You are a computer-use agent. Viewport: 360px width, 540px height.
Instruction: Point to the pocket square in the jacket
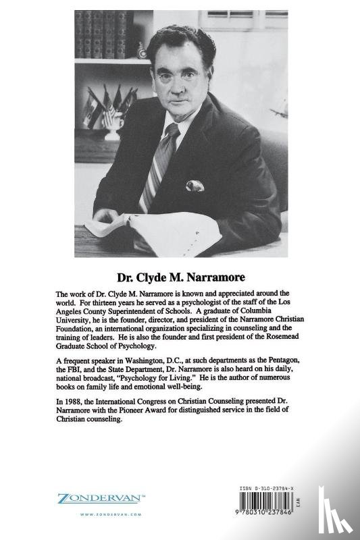click(195, 185)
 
